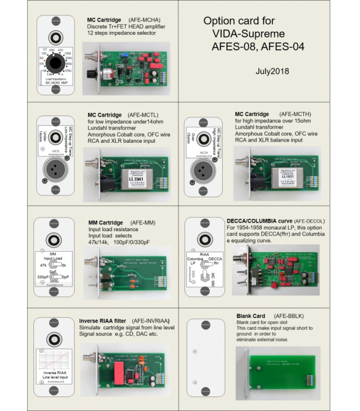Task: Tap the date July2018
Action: [273, 71]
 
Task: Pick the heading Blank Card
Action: [250, 315]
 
